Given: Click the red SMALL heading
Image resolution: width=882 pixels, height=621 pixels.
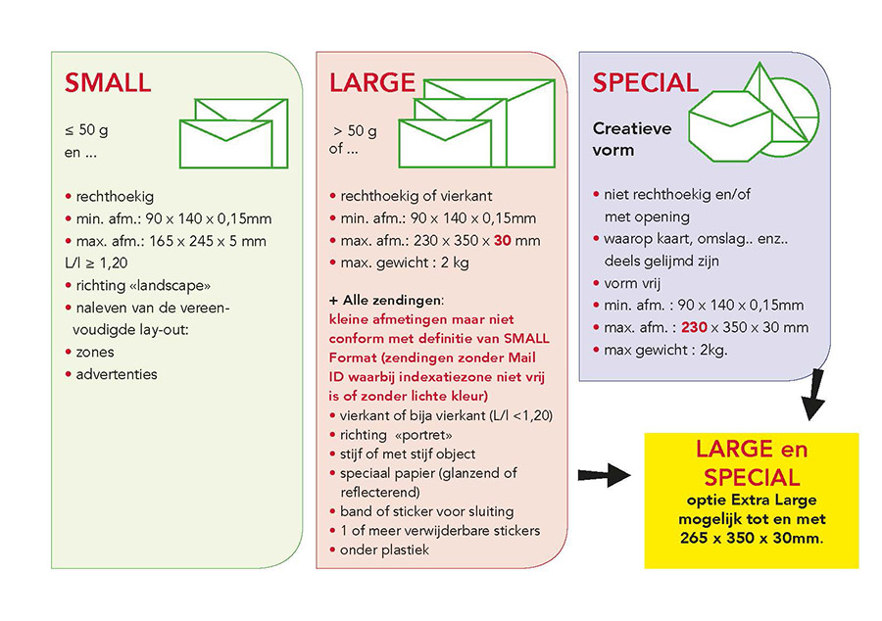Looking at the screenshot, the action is (108, 82).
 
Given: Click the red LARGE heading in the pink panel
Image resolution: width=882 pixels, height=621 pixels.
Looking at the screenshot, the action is (371, 82).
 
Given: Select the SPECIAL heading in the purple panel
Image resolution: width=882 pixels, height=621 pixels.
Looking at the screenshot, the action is (645, 82).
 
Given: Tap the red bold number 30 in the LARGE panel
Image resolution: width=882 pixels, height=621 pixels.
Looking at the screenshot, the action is (503, 241).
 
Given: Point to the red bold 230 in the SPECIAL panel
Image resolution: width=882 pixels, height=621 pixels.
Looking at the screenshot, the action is (694, 327).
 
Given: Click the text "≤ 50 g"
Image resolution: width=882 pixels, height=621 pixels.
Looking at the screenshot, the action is (86, 130).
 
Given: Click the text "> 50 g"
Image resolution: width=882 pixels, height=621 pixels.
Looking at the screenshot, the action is (355, 131).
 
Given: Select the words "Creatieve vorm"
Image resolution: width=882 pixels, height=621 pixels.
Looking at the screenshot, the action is (632, 139).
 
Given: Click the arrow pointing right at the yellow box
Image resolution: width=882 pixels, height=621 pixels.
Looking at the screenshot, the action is (604, 475).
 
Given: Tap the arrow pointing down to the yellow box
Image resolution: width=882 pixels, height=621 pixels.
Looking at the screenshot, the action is (814, 395).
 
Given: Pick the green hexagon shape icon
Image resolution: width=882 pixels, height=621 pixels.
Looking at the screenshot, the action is (730, 126).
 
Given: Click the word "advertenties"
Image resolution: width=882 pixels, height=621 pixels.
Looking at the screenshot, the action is (117, 374).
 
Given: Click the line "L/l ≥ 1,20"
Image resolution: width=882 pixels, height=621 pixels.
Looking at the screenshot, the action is (96, 263).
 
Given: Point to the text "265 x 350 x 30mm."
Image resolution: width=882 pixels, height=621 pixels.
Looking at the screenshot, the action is (752, 538).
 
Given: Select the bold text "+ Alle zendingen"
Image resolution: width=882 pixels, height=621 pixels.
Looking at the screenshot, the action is (386, 300).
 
